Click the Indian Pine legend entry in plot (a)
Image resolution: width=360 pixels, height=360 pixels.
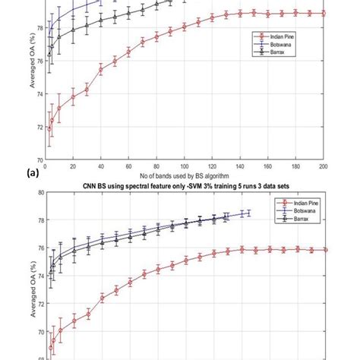pyautogui.click(x=271, y=35)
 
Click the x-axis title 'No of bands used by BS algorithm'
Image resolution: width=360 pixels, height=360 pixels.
pyautogui.click(x=185, y=175)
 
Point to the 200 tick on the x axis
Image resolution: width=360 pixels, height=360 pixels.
pyautogui.click(x=324, y=166)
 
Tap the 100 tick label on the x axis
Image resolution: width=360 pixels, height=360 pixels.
pyautogui.click(x=185, y=166)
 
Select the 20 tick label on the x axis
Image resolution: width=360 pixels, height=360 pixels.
pyautogui.click(x=73, y=166)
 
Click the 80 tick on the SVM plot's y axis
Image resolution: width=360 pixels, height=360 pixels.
pyautogui.click(x=39, y=192)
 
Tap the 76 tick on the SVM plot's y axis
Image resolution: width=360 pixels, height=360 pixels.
pyautogui.click(x=39, y=248)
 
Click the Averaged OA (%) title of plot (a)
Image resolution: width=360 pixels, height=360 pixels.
pyautogui.click(x=32, y=84)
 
